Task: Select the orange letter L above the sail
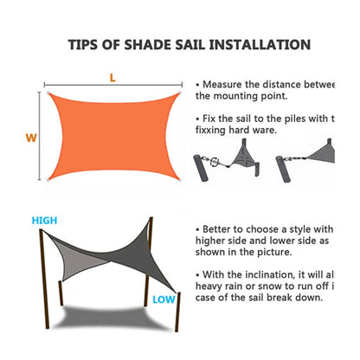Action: pos(112,77)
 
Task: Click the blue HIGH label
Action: pos(45,221)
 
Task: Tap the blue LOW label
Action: pos(164,300)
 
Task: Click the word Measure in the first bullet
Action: pos(228,84)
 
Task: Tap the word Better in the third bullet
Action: pos(222,229)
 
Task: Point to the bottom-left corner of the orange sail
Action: pos(48,180)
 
